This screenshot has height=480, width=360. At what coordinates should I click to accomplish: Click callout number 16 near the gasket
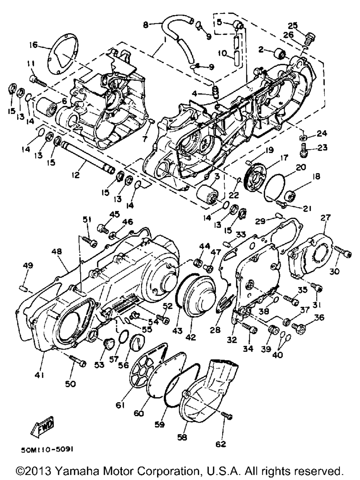[33, 45]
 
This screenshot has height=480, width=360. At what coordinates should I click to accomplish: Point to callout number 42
[190, 337]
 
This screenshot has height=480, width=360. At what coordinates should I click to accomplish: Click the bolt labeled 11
[38, 81]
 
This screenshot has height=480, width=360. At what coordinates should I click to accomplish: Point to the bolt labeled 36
[296, 327]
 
